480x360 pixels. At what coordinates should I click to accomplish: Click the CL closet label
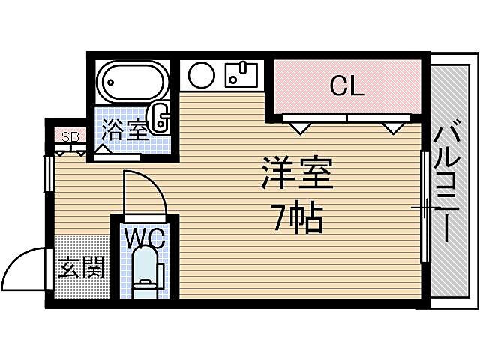tap(347, 86)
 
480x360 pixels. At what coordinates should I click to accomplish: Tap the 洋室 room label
tap(297, 175)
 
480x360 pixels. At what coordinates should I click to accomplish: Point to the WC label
tap(144, 238)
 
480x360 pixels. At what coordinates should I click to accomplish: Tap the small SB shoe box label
tap(70, 136)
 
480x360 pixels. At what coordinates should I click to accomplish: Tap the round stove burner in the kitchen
tap(202, 75)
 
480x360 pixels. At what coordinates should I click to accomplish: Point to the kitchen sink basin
tap(241, 74)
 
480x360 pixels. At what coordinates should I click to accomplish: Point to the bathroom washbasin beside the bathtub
tap(160, 116)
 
